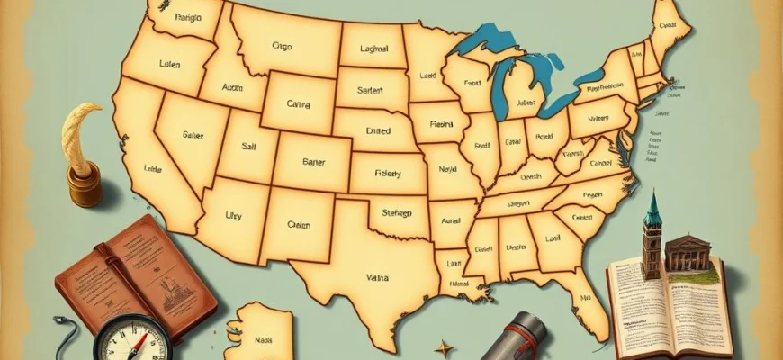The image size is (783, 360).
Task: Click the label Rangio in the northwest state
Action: tap(189, 17)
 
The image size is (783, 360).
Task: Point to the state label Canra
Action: tap(297, 104)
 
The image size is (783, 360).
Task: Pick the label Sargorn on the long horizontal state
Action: tap(518, 205)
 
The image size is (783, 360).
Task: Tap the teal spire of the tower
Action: tap(652, 209)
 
